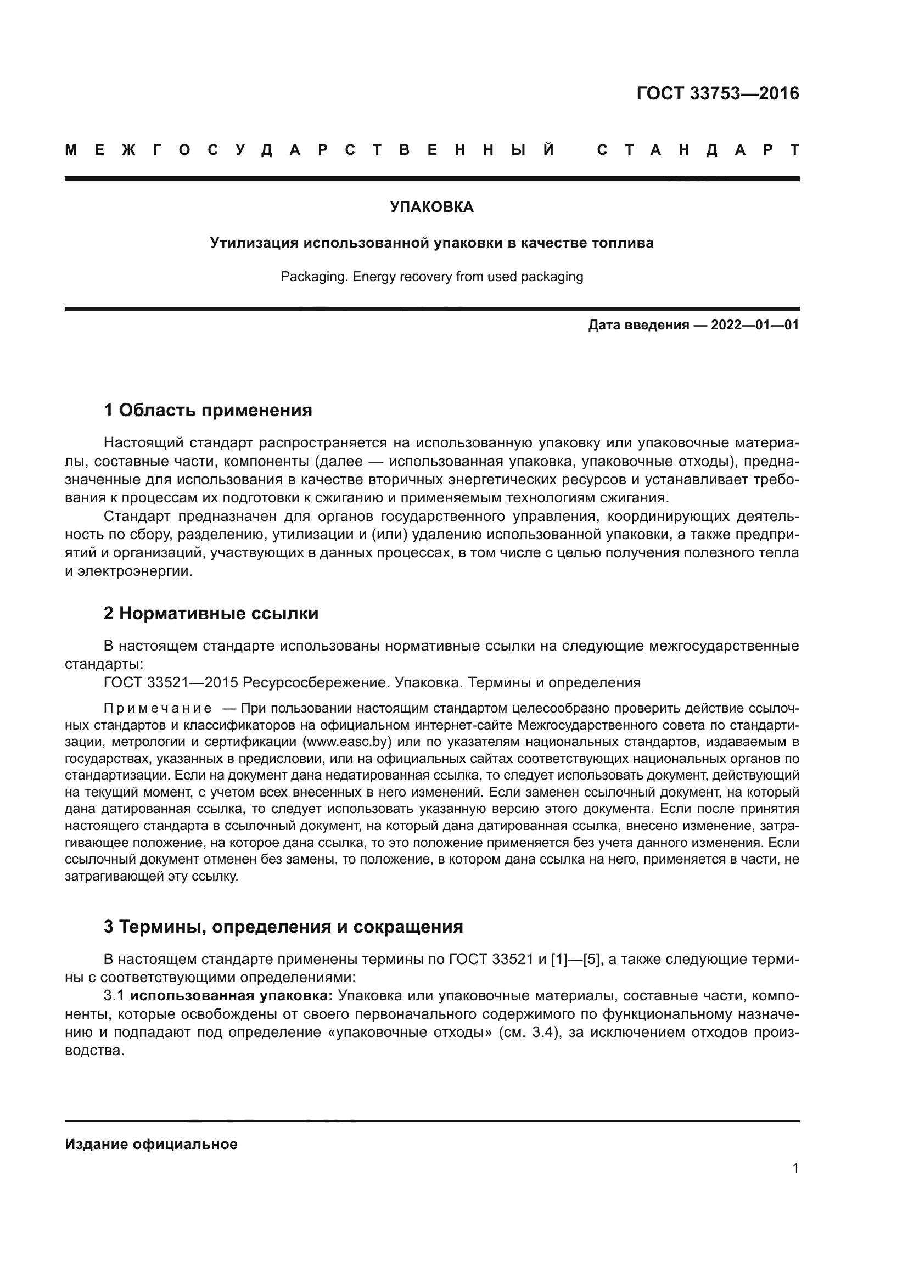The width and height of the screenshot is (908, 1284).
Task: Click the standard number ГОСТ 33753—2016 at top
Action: pos(718,93)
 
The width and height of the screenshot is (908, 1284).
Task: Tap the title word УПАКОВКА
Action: pos(431,208)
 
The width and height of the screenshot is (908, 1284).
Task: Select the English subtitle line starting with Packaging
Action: pos(431,277)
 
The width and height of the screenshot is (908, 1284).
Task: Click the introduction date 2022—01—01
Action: pos(755,325)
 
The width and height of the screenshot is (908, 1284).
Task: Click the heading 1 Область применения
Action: pos(208,411)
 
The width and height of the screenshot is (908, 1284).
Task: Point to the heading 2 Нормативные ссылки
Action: pos(211,614)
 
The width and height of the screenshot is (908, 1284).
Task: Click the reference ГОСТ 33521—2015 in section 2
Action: pos(171,683)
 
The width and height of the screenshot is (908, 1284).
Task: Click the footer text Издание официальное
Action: pos(151,1144)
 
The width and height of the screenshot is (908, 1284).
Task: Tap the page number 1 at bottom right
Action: pos(795,1168)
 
